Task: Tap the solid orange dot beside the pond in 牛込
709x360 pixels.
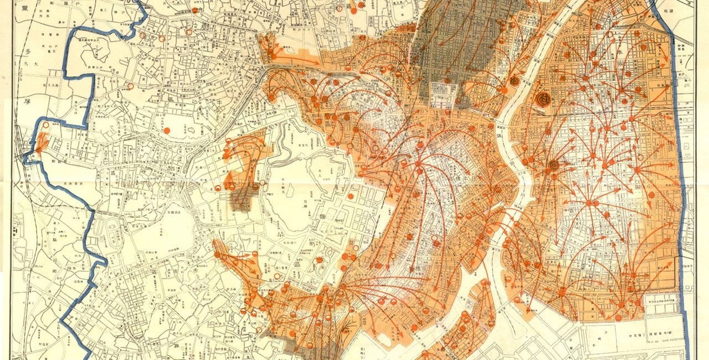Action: coord(167,130)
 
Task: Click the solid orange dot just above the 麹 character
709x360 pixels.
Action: coord(351,196)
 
